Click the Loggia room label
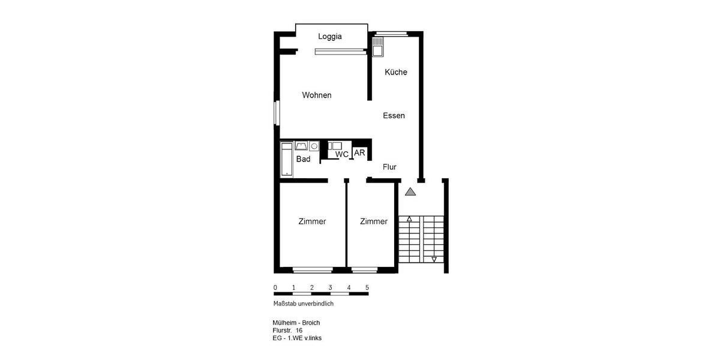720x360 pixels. point(329,37)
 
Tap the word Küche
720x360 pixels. point(396,72)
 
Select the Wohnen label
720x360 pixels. point(317,95)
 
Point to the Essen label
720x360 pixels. point(394,116)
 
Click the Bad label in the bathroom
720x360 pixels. point(303,159)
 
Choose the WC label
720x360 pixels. point(342,155)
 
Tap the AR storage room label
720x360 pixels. point(359,153)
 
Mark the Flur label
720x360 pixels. point(389,167)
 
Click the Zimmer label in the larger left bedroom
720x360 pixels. point(312,221)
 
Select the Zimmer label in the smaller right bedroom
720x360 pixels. point(374,221)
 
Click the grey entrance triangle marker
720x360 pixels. point(410,192)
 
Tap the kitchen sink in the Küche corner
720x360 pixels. point(378,46)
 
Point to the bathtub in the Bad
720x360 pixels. point(287,160)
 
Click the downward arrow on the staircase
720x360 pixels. point(434,259)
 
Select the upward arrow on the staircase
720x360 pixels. point(409,220)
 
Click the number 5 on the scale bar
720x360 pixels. point(367,288)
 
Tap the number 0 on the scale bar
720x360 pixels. point(275,288)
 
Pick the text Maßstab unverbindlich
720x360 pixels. point(303,304)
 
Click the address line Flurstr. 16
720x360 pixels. point(287,331)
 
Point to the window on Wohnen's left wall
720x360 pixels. point(277,113)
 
